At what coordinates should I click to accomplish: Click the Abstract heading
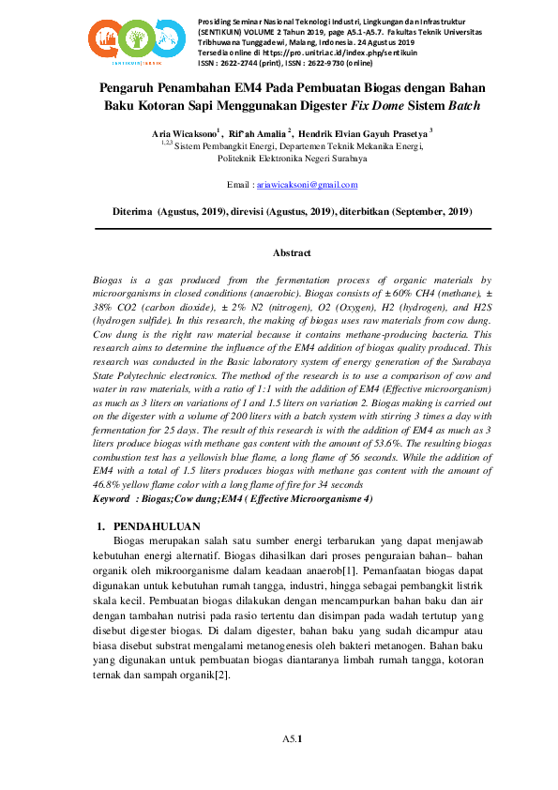tap(292, 252)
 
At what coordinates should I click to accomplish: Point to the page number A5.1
tap(292, 739)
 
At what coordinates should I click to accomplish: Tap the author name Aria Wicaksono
tap(184, 134)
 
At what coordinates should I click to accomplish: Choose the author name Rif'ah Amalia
tap(259, 134)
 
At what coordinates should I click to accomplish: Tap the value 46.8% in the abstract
tap(112, 483)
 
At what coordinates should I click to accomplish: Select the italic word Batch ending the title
tap(463, 105)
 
